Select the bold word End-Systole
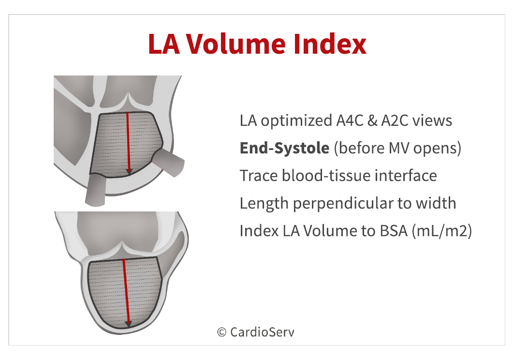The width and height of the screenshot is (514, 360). (x=284, y=148)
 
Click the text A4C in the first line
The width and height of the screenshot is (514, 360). (x=350, y=120)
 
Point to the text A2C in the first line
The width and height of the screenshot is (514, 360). (x=395, y=120)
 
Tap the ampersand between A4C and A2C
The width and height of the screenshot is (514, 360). (x=372, y=121)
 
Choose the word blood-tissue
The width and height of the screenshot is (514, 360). (x=326, y=176)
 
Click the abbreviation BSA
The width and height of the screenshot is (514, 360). (x=394, y=231)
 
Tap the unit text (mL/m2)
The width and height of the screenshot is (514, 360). (x=442, y=231)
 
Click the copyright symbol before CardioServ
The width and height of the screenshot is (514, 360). (x=221, y=332)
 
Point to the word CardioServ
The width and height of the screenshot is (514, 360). (x=262, y=332)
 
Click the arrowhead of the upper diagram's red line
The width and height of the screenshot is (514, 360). (x=129, y=171)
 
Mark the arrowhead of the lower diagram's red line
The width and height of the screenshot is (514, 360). (x=128, y=324)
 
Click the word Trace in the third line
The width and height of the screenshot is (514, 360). (x=259, y=176)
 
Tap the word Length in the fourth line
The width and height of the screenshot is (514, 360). (x=264, y=204)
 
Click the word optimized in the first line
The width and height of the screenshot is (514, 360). (x=296, y=121)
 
